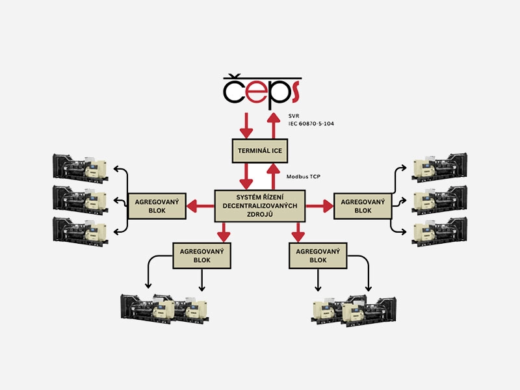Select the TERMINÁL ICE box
260,151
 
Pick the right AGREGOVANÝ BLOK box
362,206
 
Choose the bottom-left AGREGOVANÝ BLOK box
202,255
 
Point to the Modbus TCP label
304,177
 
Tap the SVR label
294,116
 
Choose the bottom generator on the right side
439,230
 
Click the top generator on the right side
439,168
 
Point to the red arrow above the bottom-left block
224,231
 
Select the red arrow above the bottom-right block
298,231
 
